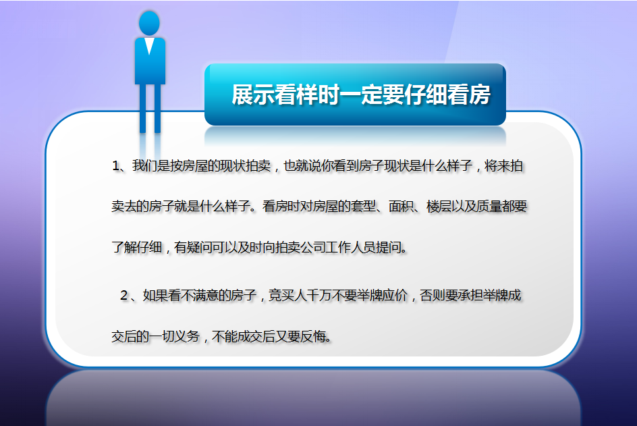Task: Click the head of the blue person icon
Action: (x=149, y=23)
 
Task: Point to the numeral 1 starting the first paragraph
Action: (x=116, y=166)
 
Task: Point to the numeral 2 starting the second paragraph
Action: (x=124, y=296)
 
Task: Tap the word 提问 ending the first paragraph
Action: (x=388, y=247)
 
